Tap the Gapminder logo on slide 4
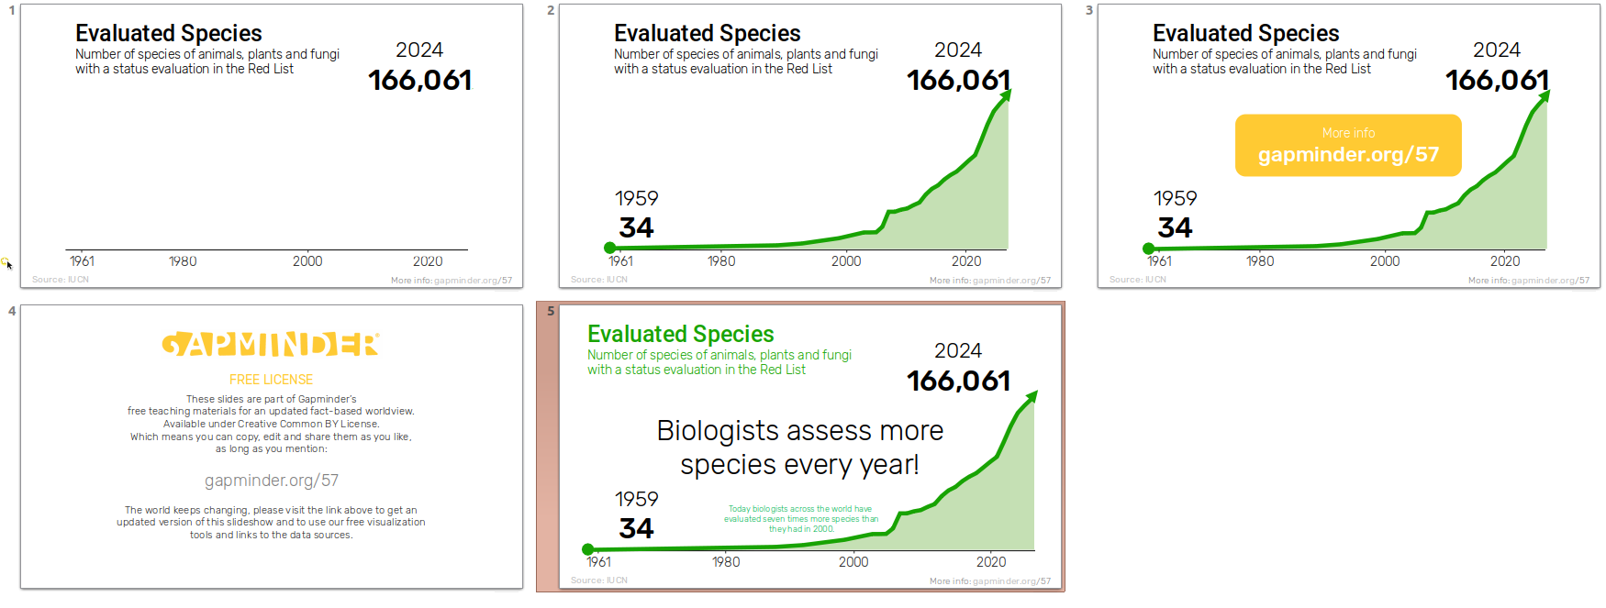pyautogui.click(x=271, y=344)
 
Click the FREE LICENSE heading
pyautogui.click(x=271, y=380)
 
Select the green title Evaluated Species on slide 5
pyautogui.click(x=680, y=334)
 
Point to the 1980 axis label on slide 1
pyautogui.click(x=183, y=261)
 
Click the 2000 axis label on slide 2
pyautogui.click(x=845, y=261)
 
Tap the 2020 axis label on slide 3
pyautogui.click(x=1504, y=261)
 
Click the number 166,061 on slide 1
pyautogui.click(x=419, y=81)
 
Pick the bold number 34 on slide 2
pyautogui.click(x=636, y=227)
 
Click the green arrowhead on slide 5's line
pyautogui.click(x=1032, y=396)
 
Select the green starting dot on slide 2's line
pyautogui.click(x=609, y=248)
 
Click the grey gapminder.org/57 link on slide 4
pyautogui.click(x=271, y=481)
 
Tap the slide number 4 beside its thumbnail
pyautogui.click(x=12, y=311)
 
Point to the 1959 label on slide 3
pyautogui.click(x=1175, y=198)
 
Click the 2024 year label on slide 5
pyautogui.click(x=957, y=350)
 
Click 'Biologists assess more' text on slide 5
pyautogui.click(x=799, y=431)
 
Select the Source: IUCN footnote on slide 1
pyautogui.click(x=61, y=280)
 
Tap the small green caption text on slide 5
pyautogui.click(x=800, y=519)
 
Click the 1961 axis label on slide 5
pyautogui.click(x=598, y=562)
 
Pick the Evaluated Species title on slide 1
pyautogui.click(x=169, y=33)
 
